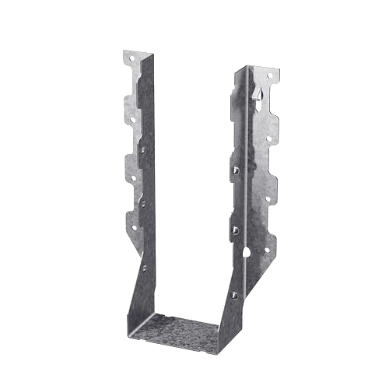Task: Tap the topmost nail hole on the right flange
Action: click(270, 75)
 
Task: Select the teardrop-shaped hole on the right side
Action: click(247, 253)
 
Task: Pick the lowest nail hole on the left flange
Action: click(133, 228)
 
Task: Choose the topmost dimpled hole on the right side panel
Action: click(234, 169)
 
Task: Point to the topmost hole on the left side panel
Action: click(143, 144)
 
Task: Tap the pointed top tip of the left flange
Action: click(126, 51)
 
